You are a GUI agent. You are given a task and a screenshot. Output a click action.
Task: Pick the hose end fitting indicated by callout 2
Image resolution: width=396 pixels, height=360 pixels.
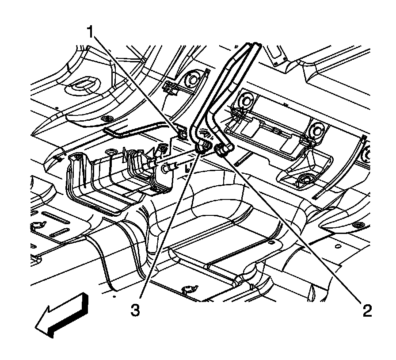pyautogui.click(x=221, y=151)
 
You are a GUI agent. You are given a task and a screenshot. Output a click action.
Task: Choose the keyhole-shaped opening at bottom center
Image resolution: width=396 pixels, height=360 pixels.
pyautogui.click(x=188, y=290)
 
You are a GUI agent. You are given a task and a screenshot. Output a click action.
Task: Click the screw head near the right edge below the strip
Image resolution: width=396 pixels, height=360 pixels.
pyautogui.click(x=358, y=226)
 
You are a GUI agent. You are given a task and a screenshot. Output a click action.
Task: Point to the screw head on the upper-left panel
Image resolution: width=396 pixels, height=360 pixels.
pyautogui.click(x=107, y=119)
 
